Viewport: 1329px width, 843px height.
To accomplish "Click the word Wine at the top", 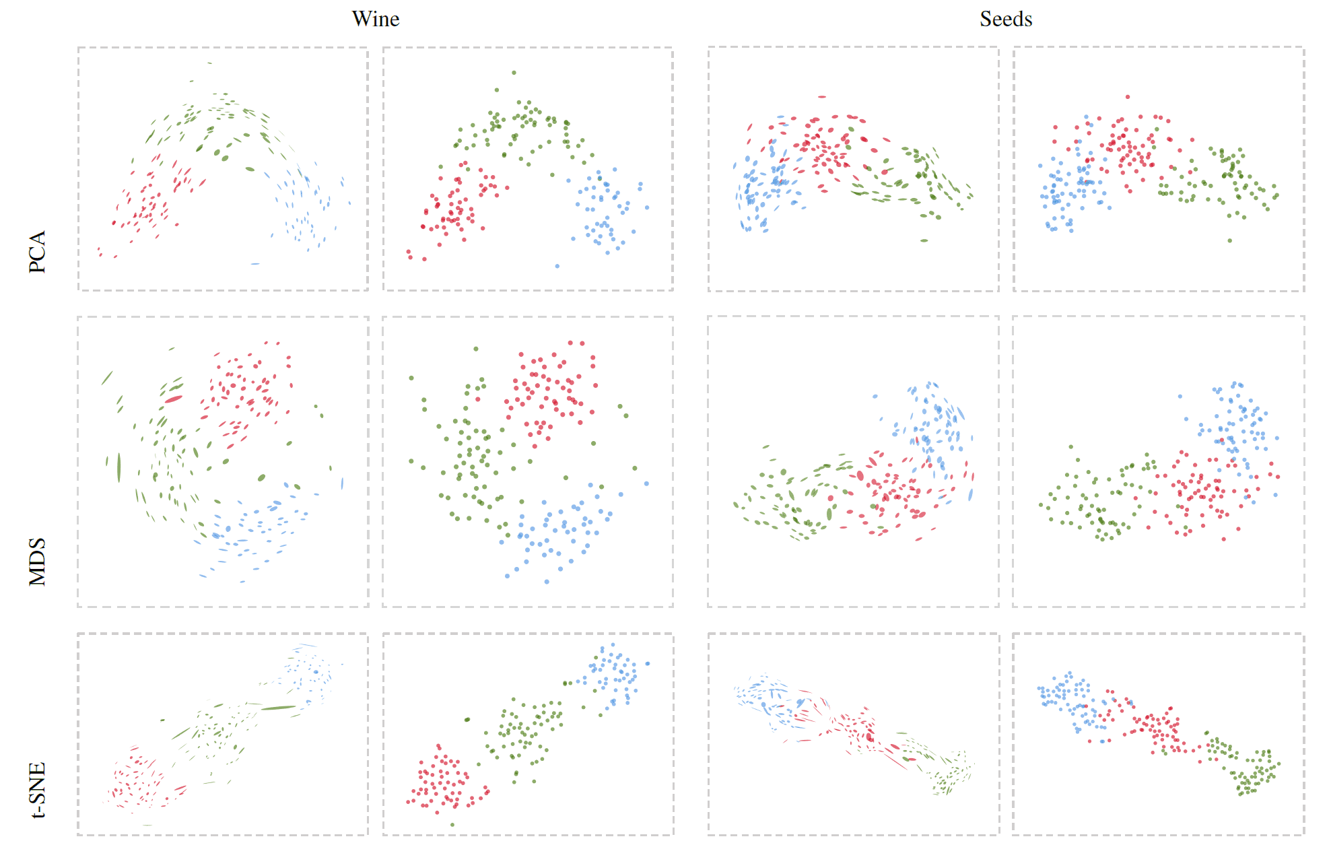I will point(375,19).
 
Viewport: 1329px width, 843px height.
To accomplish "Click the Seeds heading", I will point(1005,19).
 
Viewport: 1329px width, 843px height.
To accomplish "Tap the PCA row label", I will point(38,251).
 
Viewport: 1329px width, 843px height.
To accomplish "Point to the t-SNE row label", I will point(38,789).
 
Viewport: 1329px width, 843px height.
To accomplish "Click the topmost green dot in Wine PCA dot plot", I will point(514,73).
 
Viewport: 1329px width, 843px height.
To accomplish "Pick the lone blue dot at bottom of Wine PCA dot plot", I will point(557,266).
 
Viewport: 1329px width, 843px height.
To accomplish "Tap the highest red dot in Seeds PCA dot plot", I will point(1128,97).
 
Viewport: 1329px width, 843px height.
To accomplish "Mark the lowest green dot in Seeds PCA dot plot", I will point(1229,240).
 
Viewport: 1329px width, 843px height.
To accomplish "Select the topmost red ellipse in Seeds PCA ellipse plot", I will point(821,97).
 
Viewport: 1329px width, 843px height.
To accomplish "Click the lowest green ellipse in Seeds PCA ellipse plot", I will point(924,240).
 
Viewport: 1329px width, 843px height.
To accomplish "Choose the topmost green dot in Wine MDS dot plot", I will point(476,349).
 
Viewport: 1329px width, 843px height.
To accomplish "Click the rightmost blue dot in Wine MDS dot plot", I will point(646,483).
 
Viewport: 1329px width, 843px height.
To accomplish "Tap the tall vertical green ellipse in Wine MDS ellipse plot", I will point(119,467).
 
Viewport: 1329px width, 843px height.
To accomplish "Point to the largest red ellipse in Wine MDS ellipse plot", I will point(174,399).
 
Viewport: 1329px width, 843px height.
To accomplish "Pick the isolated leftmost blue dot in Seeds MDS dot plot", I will point(1180,397).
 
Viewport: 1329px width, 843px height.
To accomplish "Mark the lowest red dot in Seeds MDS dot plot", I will point(1223,539).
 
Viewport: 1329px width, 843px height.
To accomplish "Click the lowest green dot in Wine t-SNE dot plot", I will point(452,824).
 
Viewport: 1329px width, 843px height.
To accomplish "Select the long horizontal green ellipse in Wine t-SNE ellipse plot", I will point(278,708).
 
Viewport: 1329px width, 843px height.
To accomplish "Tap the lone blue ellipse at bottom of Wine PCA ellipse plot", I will point(254,264).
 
